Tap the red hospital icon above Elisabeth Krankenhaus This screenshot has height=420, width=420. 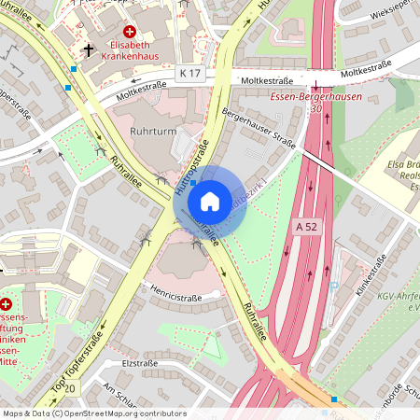[129, 31]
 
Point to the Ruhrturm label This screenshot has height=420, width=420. [152, 132]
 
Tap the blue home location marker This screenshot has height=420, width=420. [210, 201]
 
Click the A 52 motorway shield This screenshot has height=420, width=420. [305, 226]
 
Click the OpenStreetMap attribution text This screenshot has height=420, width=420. [94, 413]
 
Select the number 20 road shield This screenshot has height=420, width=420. [71, 386]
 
